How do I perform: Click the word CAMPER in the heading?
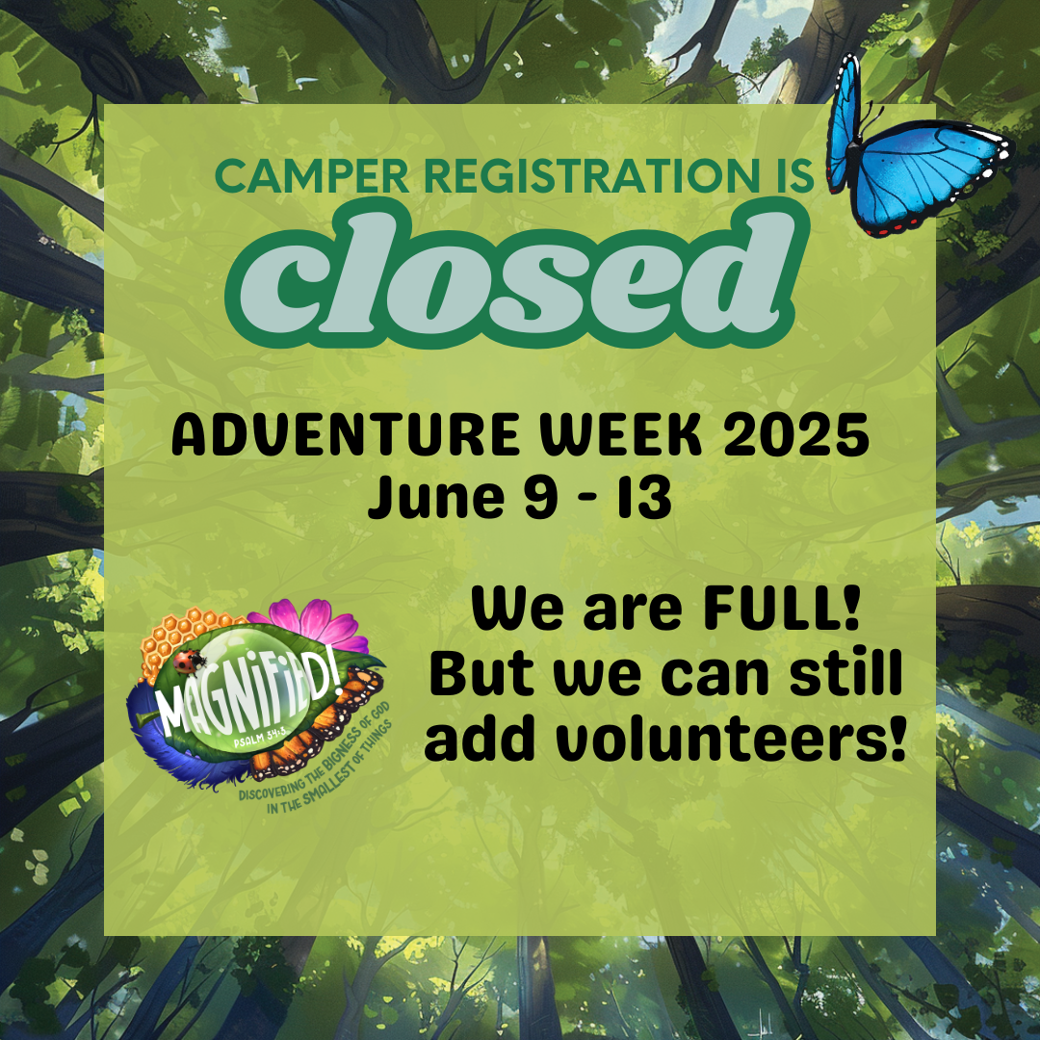click(312, 176)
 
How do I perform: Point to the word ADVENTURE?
click(346, 434)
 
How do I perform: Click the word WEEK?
click(621, 434)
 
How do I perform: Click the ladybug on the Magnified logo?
click(189, 661)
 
